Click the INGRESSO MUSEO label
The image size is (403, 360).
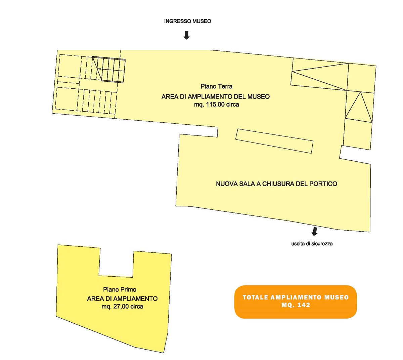[x=188, y=21]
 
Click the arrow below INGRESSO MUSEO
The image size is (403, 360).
[x=186, y=35]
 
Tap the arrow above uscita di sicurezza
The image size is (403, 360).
[x=314, y=231]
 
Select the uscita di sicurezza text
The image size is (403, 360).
[x=312, y=243]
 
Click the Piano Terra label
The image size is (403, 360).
[x=216, y=86]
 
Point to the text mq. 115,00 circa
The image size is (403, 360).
[x=217, y=104]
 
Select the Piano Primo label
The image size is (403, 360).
[x=120, y=289]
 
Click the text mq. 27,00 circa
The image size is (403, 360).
[x=122, y=306]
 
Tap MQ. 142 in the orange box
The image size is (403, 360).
[x=296, y=305]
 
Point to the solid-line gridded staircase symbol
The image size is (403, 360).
[x=109, y=70]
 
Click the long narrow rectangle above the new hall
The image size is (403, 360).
[x=274, y=141]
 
